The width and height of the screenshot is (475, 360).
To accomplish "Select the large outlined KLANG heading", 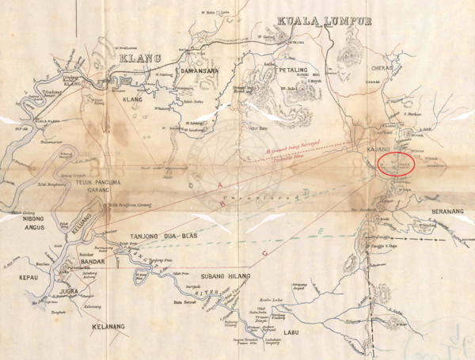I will [x=140, y=58].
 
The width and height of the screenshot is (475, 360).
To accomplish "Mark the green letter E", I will [x=319, y=229].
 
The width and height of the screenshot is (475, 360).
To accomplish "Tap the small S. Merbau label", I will [x=414, y=114].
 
